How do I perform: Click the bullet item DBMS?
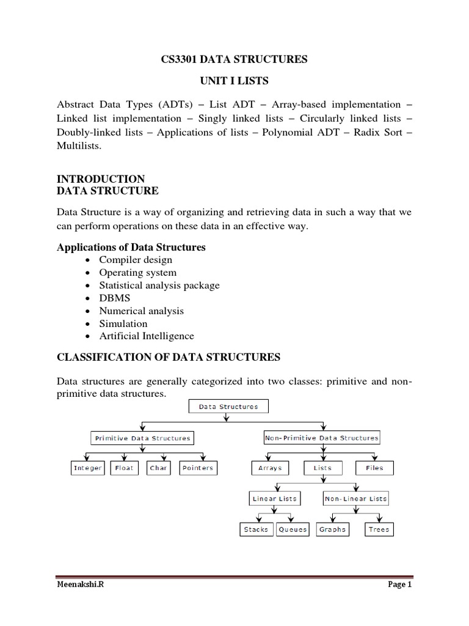(x=115, y=298)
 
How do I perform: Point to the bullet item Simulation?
(x=123, y=323)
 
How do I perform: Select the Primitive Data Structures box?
(x=142, y=438)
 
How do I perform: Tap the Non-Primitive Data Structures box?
(x=322, y=438)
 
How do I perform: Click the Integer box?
(x=88, y=468)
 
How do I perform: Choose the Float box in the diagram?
(x=124, y=468)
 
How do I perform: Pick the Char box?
(x=158, y=468)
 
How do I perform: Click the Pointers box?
(x=198, y=468)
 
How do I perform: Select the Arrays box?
(x=270, y=468)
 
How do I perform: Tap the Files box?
(x=374, y=468)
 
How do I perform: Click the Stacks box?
(x=256, y=529)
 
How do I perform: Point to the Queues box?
(x=293, y=529)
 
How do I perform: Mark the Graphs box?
(x=332, y=529)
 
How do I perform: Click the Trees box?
(x=379, y=529)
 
